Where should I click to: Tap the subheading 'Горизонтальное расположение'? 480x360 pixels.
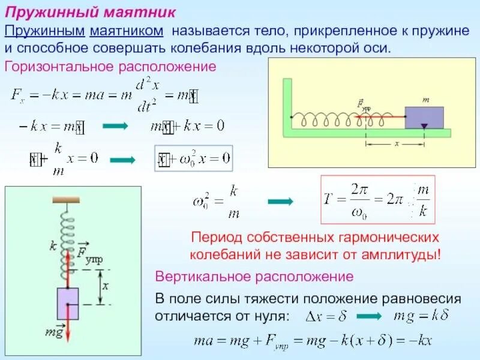pos(110,65)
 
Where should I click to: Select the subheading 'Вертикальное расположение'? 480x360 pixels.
pos(254,277)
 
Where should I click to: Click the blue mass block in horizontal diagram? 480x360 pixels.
pos(424,117)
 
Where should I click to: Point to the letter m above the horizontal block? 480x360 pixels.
pos(425,100)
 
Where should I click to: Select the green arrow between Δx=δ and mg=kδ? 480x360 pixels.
pos(367,316)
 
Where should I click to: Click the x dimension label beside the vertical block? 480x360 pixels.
pos(106,286)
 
